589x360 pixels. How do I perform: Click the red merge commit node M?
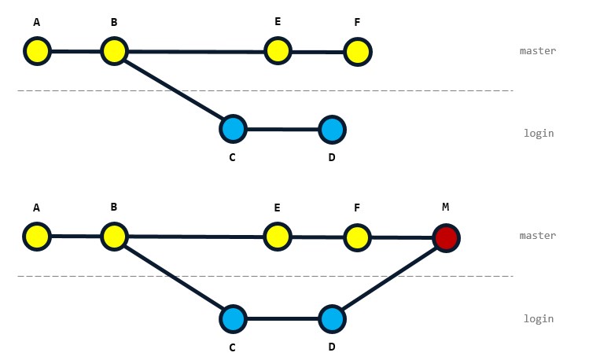446,237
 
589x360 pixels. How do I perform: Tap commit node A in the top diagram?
37,52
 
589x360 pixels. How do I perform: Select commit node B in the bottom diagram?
114,236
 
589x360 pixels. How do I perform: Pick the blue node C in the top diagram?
233,128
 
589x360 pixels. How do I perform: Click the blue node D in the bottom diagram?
332,320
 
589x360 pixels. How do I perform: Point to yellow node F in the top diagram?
357,52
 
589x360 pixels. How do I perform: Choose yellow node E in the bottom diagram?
276,236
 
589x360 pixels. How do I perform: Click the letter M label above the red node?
445,207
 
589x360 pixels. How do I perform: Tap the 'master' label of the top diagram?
538,51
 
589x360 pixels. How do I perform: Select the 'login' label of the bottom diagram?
539,319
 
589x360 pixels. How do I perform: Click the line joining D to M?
388,279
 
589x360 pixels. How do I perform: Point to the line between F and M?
401,237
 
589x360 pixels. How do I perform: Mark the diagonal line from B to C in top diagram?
173,90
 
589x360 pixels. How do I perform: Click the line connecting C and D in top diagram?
282,128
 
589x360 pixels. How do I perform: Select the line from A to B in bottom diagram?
75,236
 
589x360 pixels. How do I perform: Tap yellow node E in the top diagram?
277,52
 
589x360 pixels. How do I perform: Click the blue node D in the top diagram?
332,128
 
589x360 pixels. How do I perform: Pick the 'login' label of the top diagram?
539,134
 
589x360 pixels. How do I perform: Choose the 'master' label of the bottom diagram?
538,236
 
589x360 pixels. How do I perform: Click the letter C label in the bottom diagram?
232,347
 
